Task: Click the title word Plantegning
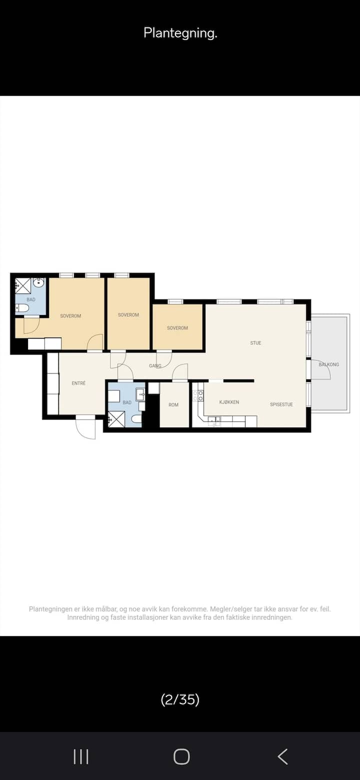coord(180,33)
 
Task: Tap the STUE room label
coord(255,343)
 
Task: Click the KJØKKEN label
coord(229,402)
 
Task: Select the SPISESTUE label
coord(281,404)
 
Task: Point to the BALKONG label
coord(328,364)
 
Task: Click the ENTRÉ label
coord(78,383)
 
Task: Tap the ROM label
coord(173,405)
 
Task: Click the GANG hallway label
coord(155,366)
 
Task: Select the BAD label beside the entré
coord(127,402)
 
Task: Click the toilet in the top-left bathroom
coord(22,308)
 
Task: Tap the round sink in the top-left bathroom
coord(38,283)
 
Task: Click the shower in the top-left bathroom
coord(23,286)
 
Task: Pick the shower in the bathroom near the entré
coord(116,419)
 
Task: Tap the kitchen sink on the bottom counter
coord(214,420)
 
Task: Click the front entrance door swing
coord(86,427)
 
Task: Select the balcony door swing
coord(321,369)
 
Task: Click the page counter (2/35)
coord(180,699)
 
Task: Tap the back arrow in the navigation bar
coord(282,756)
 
